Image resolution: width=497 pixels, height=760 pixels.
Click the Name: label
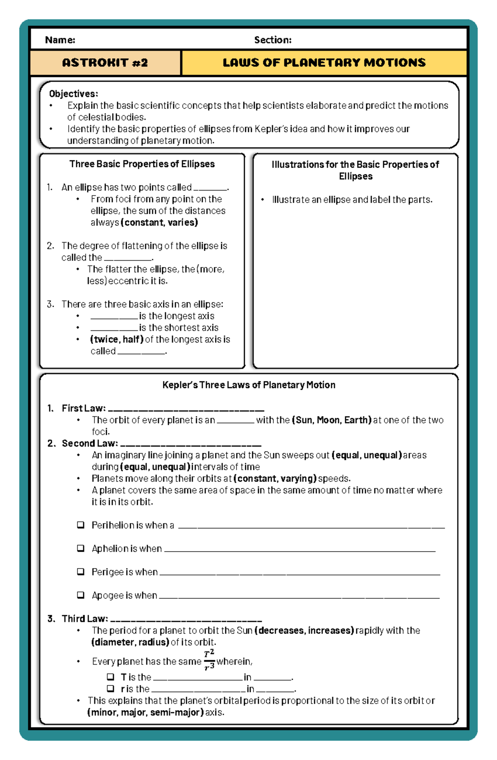[x=60, y=40]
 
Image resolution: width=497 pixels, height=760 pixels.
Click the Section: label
[x=273, y=40]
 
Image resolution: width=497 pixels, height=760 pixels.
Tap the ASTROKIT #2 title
[x=105, y=63]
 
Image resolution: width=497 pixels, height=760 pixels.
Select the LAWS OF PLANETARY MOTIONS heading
[x=324, y=63]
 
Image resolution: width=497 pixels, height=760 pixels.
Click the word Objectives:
[x=73, y=94]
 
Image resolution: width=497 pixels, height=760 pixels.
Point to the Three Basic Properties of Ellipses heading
[x=142, y=164]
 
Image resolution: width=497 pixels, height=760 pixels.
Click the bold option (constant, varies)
[x=159, y=222]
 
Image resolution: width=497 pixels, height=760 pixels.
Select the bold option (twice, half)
[x=117, y=339]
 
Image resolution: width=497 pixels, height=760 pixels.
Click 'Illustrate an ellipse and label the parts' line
[x=352, y=200]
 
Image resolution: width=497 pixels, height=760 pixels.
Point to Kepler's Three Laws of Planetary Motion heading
[x=248, y=385]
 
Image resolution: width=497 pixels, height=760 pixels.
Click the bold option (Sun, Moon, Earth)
[x=331, y=420]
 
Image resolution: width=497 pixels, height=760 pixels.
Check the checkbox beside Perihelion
[x=81, y=525]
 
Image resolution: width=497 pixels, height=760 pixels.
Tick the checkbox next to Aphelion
[x=81, y=548]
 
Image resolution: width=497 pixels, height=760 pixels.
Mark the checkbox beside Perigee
[x=81, y=572]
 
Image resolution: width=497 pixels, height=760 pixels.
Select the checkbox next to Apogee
[x=81, y=595]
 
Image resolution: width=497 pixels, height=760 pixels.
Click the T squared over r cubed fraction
[x=209, y=661]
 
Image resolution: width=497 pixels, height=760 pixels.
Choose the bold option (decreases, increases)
[x=304, y=630]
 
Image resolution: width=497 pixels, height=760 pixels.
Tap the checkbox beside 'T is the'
[x=111, y=677]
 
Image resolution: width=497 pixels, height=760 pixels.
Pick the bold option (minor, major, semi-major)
[x=145, y=712]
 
